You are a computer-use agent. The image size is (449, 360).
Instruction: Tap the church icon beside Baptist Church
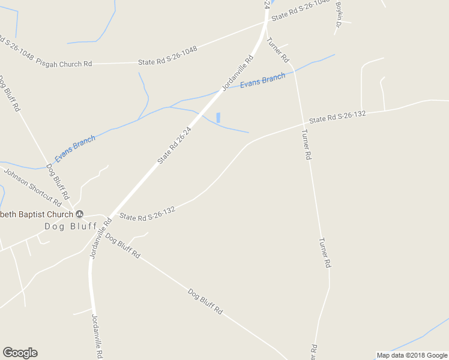[x=79, y=214]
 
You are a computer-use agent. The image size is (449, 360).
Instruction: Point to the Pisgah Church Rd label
[x=64, y=62]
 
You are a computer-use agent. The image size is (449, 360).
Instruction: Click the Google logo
[x=20, y=353]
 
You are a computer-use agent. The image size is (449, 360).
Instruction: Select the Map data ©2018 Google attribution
[x=411, y=355]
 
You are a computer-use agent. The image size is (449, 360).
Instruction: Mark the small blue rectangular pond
[x=218, y=118]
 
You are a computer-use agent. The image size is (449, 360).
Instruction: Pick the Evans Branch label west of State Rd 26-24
[x=75, y=149]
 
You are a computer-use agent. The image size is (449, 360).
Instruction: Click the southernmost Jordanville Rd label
[x=97, y=336]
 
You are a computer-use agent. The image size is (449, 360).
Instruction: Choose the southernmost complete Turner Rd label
[x=325, y=253]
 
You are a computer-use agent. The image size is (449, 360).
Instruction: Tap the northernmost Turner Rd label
[x=278, y=50]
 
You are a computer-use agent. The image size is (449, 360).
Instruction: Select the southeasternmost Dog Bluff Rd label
[x=205, y=302]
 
